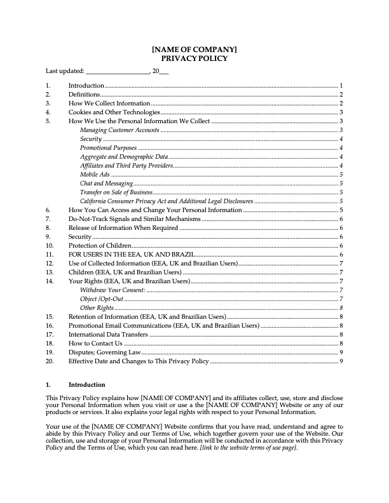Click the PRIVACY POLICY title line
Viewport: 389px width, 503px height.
click(194, 58)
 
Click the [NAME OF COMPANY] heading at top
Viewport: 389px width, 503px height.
click(194, 49)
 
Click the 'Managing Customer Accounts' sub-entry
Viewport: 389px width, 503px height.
click(119, 130)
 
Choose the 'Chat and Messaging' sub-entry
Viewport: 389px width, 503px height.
click(106, 183)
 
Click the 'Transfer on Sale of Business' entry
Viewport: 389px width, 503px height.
click(117, 192)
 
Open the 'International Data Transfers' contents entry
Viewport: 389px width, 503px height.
click(108, 334)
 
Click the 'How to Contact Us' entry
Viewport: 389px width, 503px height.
click(95, 343)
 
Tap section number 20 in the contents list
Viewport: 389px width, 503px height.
click(50, 361)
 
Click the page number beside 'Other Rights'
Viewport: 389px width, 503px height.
click(341, 307)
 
